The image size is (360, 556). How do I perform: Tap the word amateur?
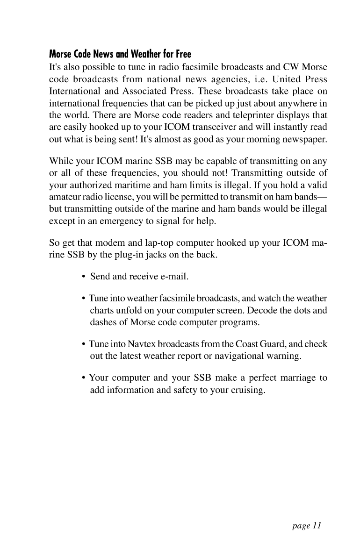[65, 200]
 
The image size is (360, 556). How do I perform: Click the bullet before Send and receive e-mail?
[83, 278]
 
